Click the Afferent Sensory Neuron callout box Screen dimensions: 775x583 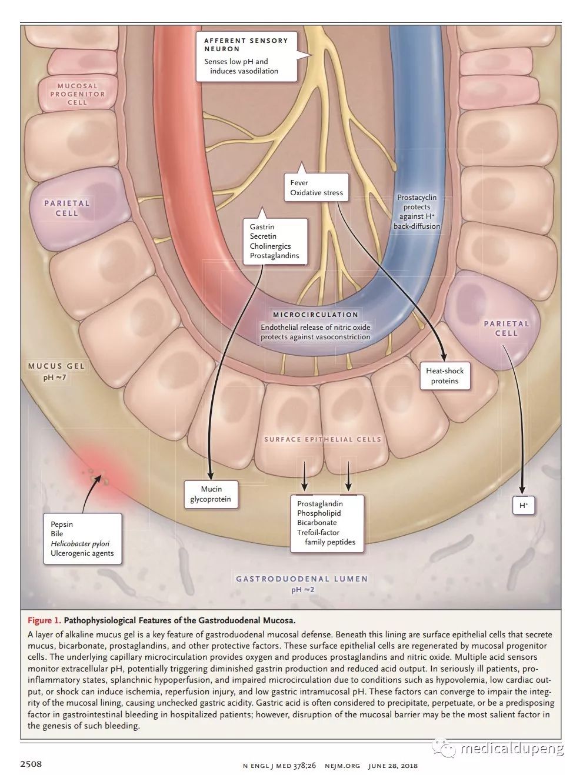[x=246, y=56]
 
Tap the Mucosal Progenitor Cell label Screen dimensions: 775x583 [x=77, y=94]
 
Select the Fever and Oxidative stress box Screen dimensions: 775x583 [x=316, y=188]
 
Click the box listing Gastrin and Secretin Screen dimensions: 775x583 [x=274, y=241]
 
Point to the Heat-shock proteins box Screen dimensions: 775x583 [x=445, y=376]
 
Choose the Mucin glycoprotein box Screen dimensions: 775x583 [x=211, y=494]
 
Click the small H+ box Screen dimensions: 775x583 [x=523, y=505]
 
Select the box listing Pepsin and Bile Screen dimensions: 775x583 [x=82, y=539]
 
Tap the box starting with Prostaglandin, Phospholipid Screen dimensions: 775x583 [x=327, y=523]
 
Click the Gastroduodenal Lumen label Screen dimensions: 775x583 [x=302, y=579]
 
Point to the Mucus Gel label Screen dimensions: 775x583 [x=56, y=366]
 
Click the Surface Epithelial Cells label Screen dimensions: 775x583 [x=322, y=439]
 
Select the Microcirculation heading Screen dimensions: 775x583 [x=315, y=315]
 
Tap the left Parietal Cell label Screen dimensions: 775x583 [x=67, y=208]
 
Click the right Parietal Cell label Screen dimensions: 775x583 [x=506, y=328]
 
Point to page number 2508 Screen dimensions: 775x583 [x=31, y=764]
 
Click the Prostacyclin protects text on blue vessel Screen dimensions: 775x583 [x=417, y=212]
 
